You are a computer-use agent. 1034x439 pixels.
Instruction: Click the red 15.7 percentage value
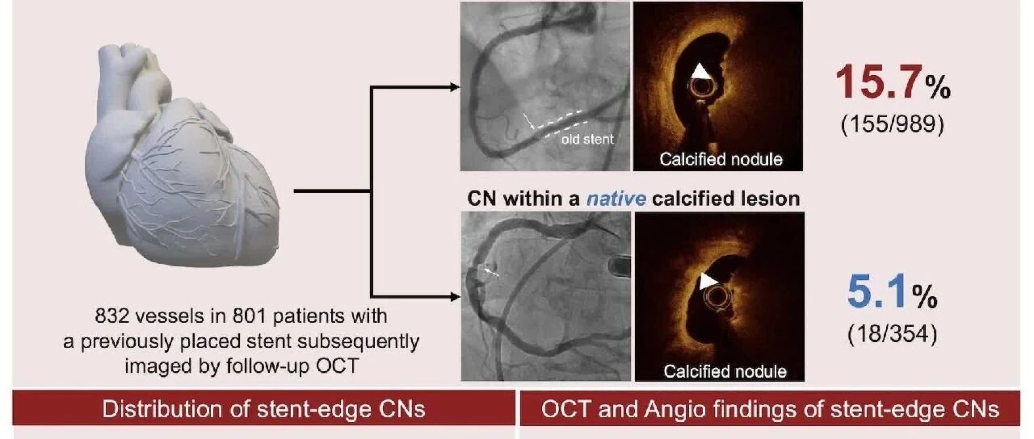880,82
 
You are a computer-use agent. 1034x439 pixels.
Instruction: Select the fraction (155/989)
893,124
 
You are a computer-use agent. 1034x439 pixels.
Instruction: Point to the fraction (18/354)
893,334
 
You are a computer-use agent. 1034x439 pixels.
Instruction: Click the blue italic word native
616,199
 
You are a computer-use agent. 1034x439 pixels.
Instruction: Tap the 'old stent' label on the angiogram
587,140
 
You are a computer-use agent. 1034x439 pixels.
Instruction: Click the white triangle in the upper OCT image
700,72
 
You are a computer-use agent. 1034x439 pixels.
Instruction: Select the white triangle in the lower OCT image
707,281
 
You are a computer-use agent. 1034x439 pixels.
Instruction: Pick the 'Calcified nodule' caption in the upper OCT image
721,160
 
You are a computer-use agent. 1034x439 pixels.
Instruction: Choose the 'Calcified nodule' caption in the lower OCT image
725,372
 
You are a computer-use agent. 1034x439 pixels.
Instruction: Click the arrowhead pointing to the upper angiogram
455,87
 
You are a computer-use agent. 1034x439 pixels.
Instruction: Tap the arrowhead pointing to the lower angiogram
455,297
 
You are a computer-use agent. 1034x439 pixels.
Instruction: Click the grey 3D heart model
183,157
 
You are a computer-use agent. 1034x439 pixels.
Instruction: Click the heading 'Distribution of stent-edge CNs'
263,409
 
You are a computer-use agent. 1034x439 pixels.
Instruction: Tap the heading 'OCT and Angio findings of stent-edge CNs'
770,409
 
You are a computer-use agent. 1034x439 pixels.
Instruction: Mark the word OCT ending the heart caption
338,366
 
